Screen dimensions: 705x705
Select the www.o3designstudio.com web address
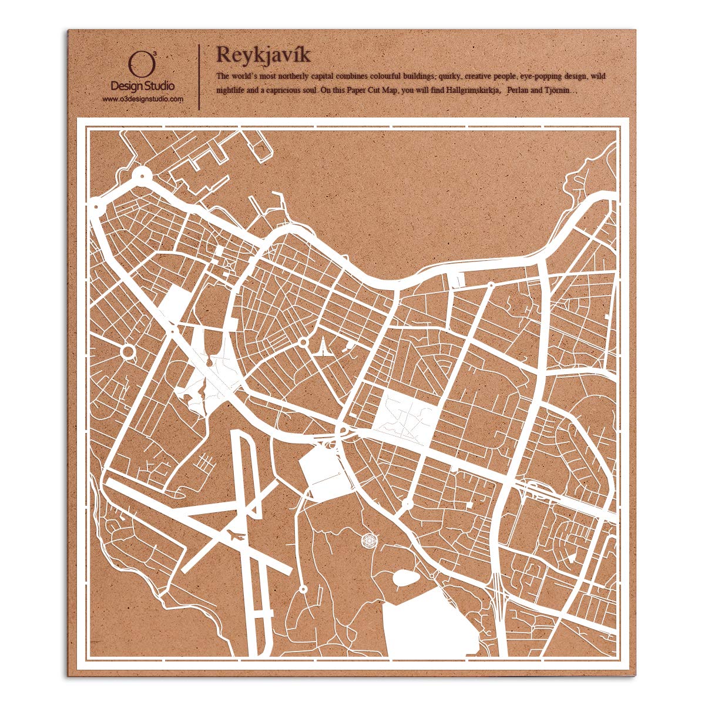[x=143, y=99]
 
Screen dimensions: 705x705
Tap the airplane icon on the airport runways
[x=236, y=535]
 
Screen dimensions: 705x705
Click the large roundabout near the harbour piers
[x=141, y=174]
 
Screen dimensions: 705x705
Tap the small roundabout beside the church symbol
[x=303, y=341]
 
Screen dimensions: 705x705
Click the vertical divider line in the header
[x=201, y=76]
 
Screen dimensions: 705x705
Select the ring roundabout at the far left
[x=127, y=352]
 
